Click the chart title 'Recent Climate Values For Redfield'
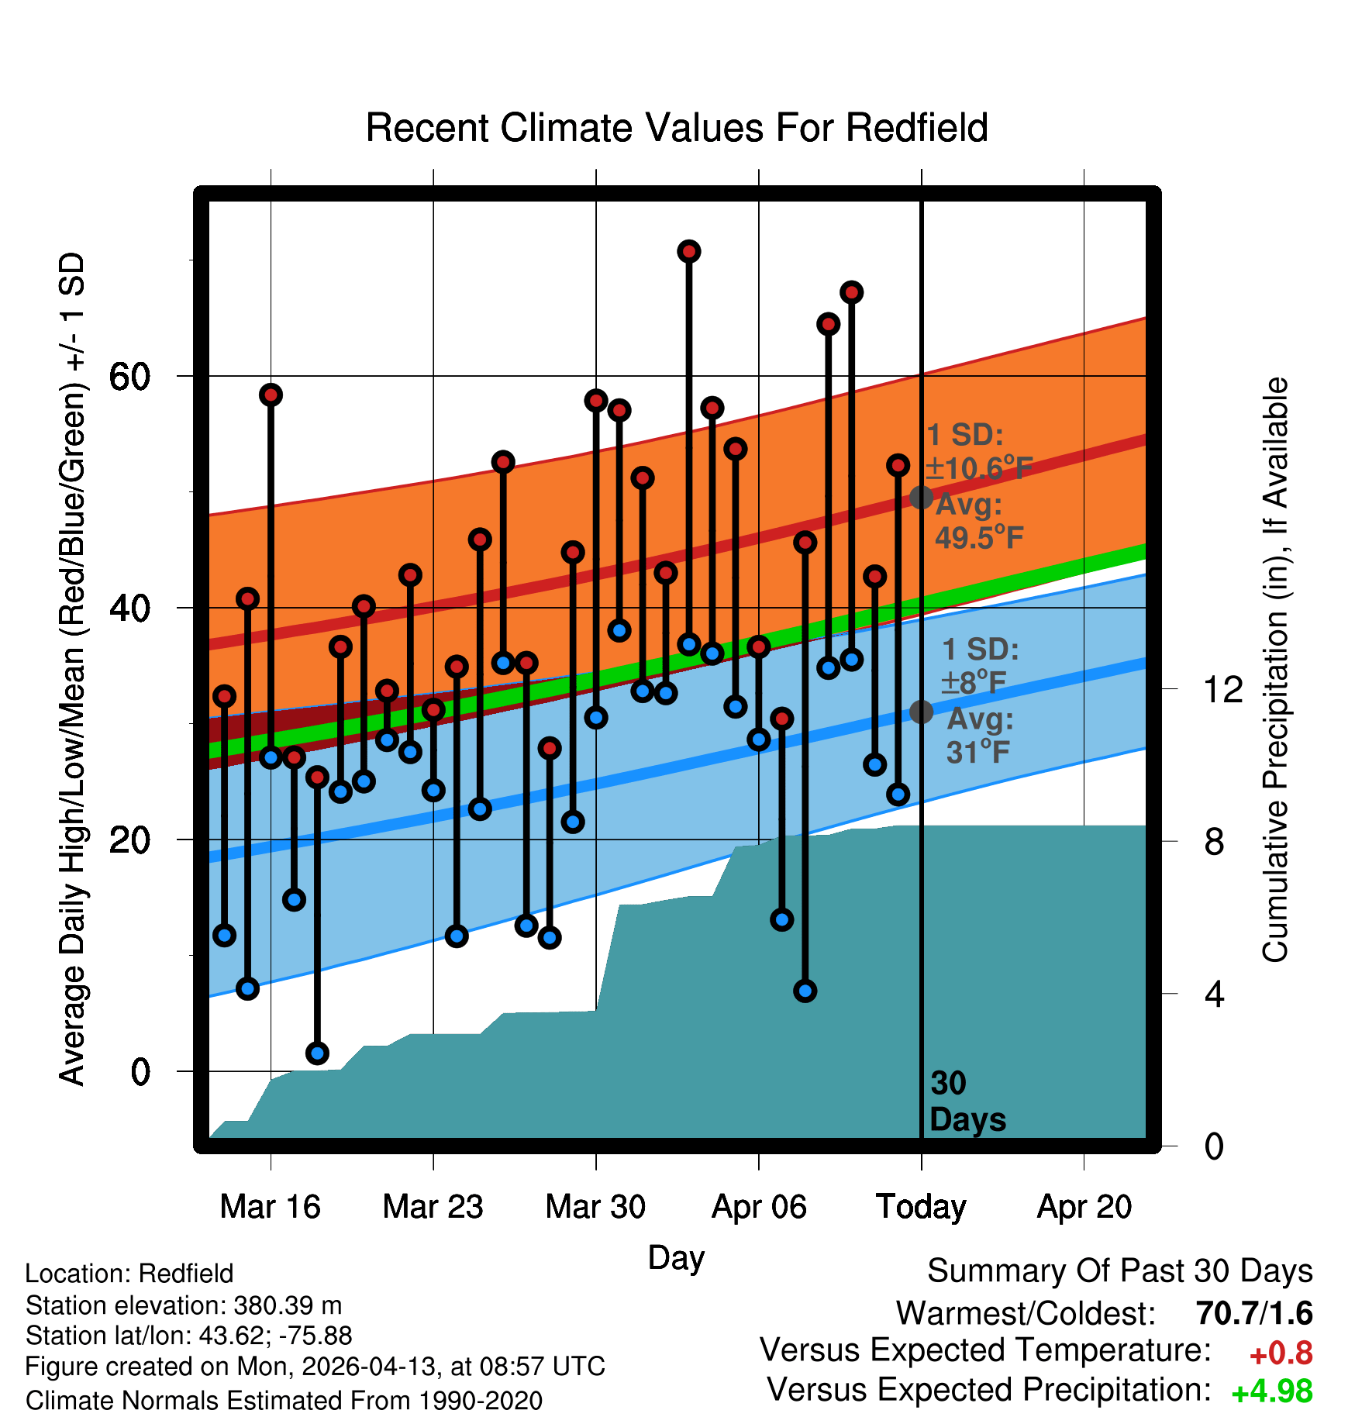click(677, 128)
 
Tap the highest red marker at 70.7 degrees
click(689, 251)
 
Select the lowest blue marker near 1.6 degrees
click(317, 1053)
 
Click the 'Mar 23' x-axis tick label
click(433, 1206)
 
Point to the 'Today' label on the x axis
click(921, 1206)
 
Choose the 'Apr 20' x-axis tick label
click(1084, 1206)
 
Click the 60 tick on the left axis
click(130, 377)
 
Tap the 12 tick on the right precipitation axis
click(1223, 689)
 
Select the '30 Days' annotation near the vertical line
click(967, 1102)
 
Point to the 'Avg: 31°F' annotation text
click(980, 736)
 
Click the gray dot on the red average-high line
click(921, 497)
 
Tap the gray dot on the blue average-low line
click(921, 711)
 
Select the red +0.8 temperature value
click(1281, 1353)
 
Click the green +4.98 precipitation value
click(1272, 1391)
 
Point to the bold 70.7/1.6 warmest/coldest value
click(1254, 1313)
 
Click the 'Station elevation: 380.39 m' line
click(184, 1305)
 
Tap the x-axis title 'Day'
click(676, 1257)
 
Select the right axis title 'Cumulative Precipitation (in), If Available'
click(1275, 671)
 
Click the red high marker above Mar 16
click(271, 395)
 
